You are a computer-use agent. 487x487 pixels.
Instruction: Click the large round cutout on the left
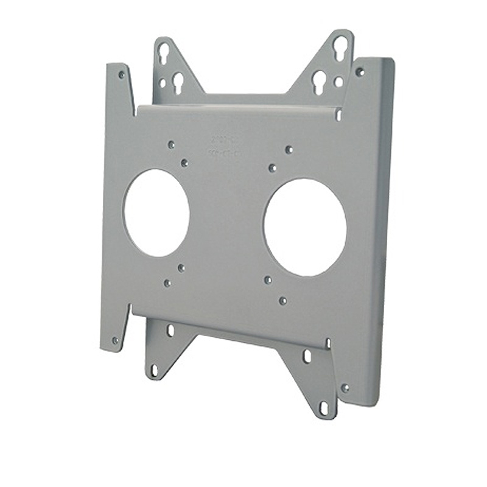click(x=156, y=212)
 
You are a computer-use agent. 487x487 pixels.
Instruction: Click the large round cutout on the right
click(x=305, y=227)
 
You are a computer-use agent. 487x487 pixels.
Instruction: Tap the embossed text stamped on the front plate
click(x=223, y=147)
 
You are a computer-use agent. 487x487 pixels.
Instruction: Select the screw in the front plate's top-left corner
click(x=122, y=75)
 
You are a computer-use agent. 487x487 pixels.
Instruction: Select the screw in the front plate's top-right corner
click(x=360, y=72)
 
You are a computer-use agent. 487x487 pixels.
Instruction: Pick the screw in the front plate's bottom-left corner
click(x=115, y=340)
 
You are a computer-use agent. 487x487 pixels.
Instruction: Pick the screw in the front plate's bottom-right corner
click(x=345, y=388)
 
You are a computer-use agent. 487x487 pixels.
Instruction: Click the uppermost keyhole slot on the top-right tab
click(x=340, y=47)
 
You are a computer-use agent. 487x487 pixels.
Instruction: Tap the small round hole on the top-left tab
click(x=163, y=82)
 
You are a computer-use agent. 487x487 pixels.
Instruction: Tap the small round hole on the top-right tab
click(x=338, y=82)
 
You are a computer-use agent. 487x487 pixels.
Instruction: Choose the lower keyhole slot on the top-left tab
click(x=178, y=81)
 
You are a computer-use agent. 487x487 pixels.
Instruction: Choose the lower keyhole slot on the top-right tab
click(x=319, y=80)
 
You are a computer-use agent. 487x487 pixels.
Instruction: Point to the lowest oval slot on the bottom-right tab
click(x=324, y=407)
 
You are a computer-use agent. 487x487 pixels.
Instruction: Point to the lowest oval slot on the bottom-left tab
click(x=155, y=370)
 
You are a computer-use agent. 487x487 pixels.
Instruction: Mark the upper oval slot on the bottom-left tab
click(x=170, y=330)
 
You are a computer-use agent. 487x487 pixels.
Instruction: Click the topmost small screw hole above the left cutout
click(x=171, y=145)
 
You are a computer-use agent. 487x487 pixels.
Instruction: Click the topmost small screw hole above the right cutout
click(x=289, y=150)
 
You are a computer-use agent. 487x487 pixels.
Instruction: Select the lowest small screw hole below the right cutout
click(x=282, y=301)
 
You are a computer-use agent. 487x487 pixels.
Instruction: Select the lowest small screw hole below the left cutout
click(x=167, y=283)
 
